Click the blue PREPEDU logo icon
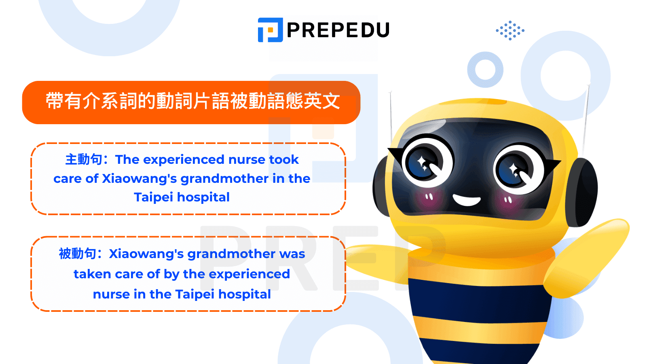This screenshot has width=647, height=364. click(271, 30)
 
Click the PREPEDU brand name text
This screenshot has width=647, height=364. click(338, 30)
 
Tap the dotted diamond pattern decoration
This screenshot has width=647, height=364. click(510, 30)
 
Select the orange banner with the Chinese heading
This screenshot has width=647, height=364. click(191, 103)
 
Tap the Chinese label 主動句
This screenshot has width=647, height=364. click(84, 159)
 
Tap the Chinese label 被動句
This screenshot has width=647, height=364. click(77, 254)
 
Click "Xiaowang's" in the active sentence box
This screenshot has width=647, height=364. click(140, 179)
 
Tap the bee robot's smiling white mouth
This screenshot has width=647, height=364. click(466, 200)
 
